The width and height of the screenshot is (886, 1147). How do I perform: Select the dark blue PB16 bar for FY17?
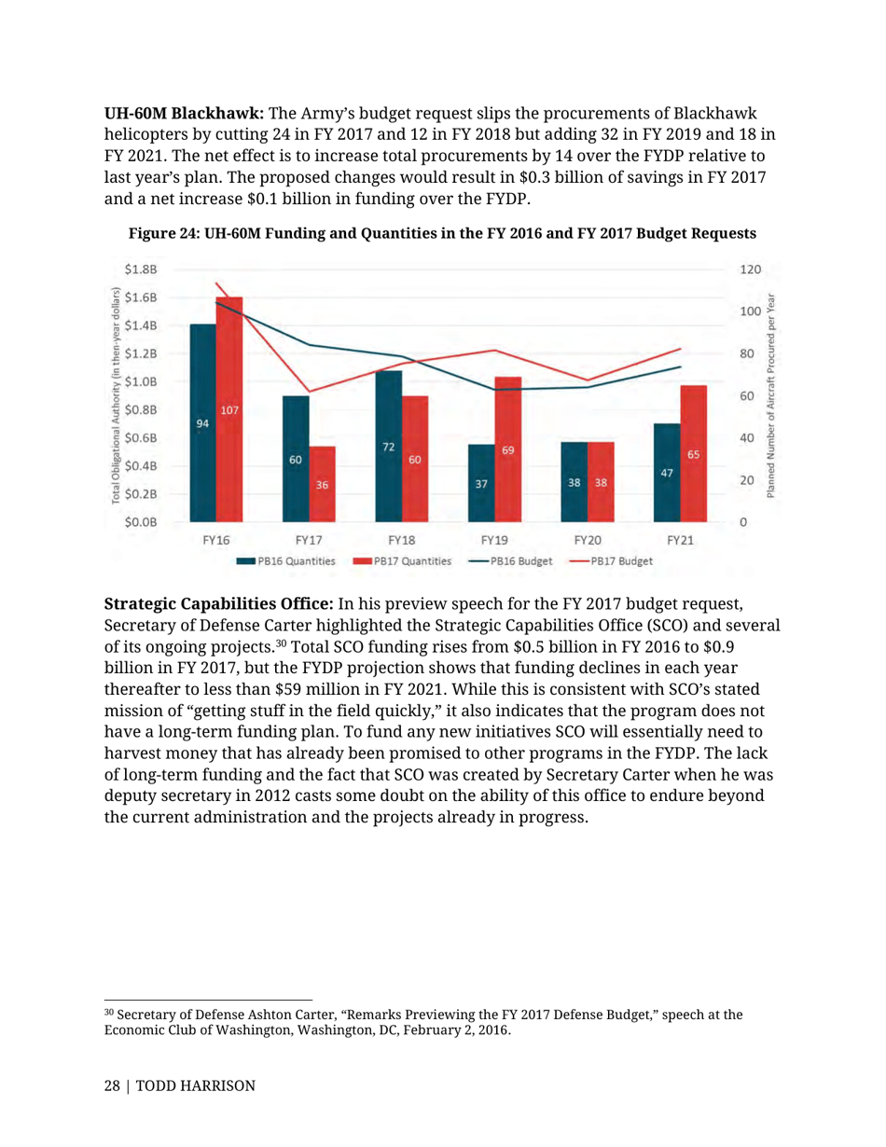click(296, 458)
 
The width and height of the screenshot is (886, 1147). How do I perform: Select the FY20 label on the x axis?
click(588, 540)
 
